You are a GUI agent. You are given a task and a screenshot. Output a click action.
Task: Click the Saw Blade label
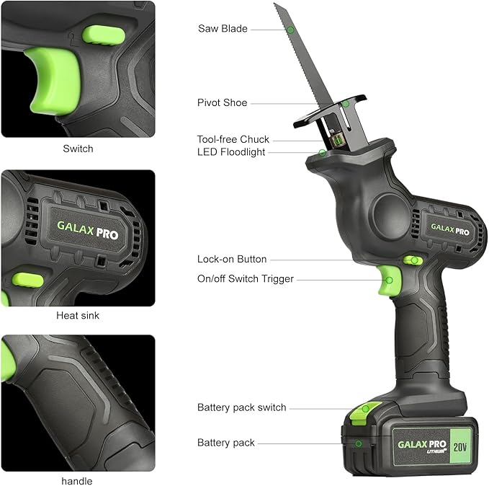[x=223, y=29]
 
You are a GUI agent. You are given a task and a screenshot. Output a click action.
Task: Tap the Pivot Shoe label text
[x=222, y=103]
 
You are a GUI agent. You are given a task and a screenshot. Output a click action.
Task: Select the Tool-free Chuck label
[x=233, y=139]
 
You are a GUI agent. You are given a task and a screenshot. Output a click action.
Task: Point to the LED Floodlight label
[x=231, y=152]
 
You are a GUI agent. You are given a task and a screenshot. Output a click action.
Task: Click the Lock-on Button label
[x=232, y=259]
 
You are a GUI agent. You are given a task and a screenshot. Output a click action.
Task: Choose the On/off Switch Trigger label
[x=246, y=279]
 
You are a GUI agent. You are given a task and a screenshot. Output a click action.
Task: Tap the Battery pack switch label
[x=241, y=407]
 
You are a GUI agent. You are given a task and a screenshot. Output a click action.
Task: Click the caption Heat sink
[x=78, y=316]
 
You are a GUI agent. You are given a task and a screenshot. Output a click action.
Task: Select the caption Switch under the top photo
[x=78, y=149]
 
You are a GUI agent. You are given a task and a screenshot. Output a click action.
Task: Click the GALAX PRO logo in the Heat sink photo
[x=88, y=230]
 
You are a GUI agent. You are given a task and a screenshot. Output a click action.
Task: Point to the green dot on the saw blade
[x=290, y=30]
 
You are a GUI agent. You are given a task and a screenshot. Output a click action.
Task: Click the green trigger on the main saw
[x=390, y=281]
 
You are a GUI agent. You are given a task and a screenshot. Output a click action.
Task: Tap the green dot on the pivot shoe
[x=346, y=104]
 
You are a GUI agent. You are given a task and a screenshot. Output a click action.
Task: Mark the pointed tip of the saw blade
[x=275, y=4]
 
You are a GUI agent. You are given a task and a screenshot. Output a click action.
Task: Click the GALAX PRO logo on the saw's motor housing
[x=450, y=229]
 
